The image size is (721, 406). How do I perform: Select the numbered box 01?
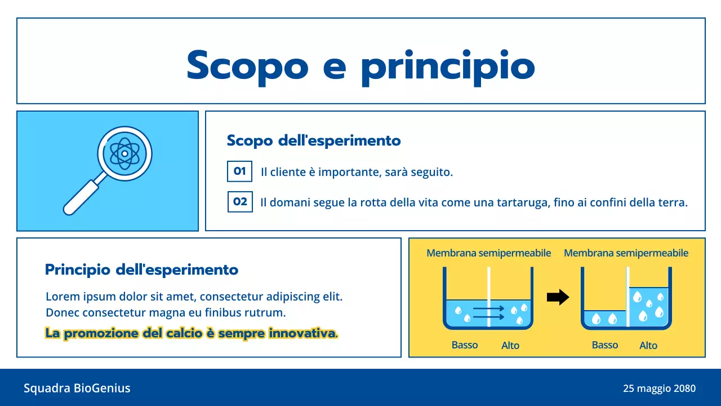coord(239,171)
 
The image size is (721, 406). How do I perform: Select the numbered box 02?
coord(240,202)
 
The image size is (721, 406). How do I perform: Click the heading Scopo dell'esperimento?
coord(314,140)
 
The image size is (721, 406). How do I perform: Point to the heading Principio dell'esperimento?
coord(141,270)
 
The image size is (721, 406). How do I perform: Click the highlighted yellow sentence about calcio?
coord(192,333)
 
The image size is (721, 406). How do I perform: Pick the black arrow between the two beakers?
coord(558,297)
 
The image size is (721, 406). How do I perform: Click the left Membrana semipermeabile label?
coord(488,253)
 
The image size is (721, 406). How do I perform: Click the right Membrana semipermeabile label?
coord(626,253)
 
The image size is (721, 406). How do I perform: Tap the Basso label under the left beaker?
coord(465,345)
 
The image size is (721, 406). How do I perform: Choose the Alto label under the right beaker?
coord(648,345)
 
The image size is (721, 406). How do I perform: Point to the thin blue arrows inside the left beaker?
coord(488,313)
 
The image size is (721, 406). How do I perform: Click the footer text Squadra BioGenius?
coord(77,388)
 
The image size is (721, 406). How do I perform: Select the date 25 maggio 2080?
coord(659,389)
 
